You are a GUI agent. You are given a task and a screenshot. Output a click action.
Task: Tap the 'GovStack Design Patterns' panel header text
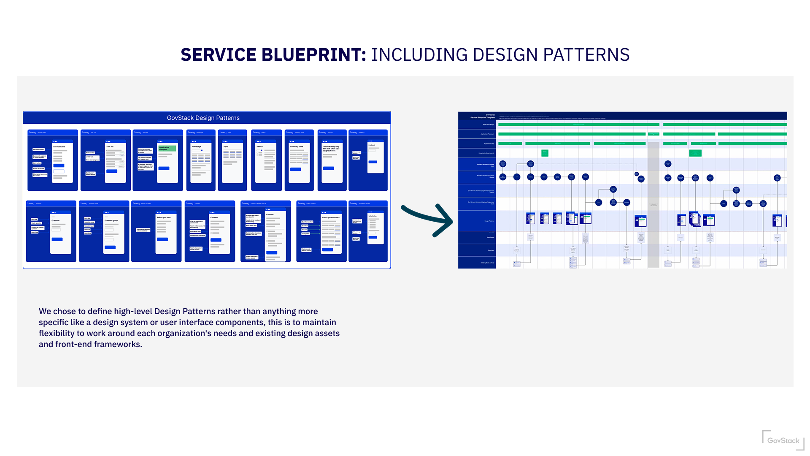(x=203, y=118)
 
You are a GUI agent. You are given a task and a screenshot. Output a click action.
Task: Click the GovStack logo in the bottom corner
(x=783, y=441)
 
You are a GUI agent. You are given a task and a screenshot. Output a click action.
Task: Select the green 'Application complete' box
(x=167, y=148)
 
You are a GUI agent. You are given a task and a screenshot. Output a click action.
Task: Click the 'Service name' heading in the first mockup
(x=59, y=147)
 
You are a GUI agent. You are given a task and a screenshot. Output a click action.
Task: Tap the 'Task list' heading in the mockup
(x=110, y=147)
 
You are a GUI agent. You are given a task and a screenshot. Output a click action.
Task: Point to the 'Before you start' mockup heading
(x=164, y=217)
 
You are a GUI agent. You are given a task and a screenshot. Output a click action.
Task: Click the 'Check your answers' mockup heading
(x=330, y=217)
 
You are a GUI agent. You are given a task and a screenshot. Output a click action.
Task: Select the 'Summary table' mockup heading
(x=297, y=147)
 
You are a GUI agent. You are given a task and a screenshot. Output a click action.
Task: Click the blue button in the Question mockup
(x=57, y=239)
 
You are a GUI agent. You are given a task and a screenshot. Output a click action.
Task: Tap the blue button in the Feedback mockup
(x=373, y=162)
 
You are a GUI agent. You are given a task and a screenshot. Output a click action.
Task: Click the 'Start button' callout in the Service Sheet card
(x=37, y=163)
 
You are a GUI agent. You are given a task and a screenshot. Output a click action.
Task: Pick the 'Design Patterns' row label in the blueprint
(x=489, y=221)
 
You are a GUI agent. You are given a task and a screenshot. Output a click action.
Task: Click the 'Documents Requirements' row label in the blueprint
(x=486, y=153)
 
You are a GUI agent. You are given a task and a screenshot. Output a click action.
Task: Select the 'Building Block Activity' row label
(x=487, y=263)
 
